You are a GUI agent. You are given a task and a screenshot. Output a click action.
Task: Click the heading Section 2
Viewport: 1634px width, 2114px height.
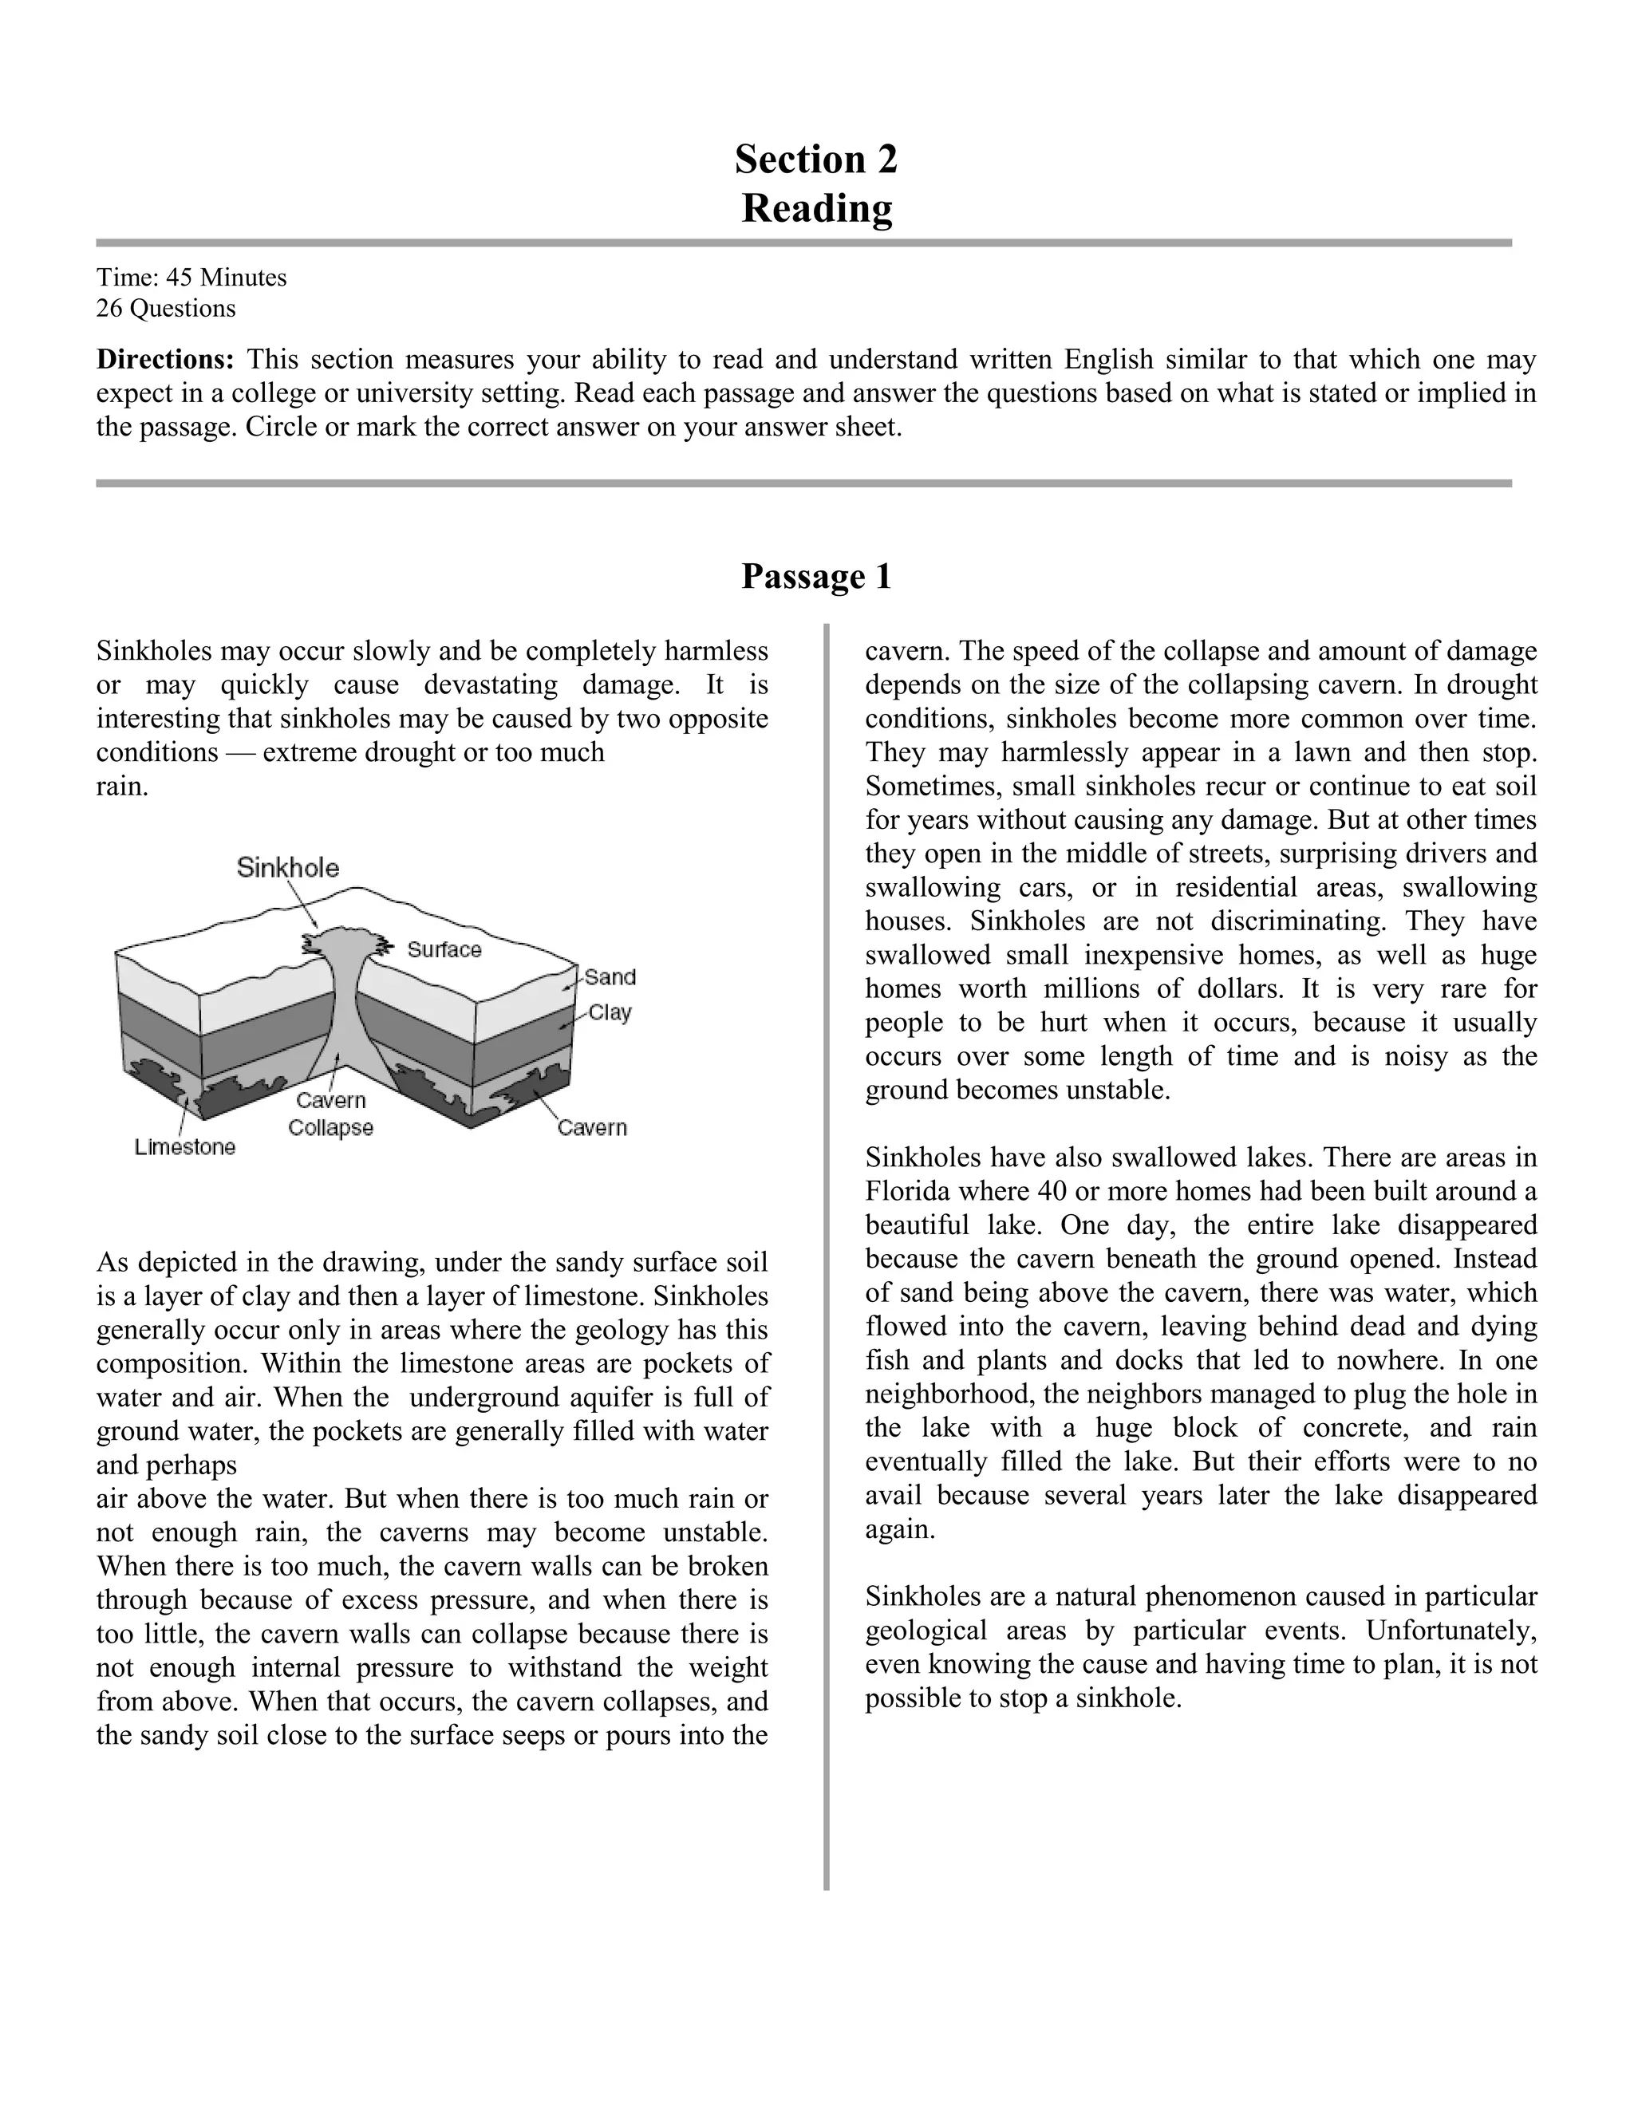(x=816, y=159)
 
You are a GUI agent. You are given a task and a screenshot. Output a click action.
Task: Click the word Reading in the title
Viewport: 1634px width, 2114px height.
(x=816, y=208)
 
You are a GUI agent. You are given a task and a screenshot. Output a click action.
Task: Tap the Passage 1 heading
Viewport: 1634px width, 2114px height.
(x=816, y=576)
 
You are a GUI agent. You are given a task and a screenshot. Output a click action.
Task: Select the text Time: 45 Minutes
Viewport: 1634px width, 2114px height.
(x=191, y=278)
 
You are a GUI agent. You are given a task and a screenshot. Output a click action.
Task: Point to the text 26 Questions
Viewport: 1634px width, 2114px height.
(x=165, y=309)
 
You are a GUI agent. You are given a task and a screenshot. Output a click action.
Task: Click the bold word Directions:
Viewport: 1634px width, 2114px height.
(x=164, y=360)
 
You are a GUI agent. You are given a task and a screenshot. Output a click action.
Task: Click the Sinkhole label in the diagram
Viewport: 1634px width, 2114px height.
(x=287, y=867)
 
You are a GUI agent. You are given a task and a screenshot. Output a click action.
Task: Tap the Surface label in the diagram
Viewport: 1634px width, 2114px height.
(x=444, y=949)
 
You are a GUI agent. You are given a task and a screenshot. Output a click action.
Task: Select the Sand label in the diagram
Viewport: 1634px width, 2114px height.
(x=610, y=978)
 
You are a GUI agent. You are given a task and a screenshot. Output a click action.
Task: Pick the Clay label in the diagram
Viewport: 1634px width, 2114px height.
(x=610, y=1012)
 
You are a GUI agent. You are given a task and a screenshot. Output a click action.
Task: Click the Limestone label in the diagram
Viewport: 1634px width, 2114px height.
(x=185, y=1147)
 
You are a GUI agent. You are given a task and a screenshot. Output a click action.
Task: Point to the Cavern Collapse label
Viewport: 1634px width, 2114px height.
(x=331, y=1114)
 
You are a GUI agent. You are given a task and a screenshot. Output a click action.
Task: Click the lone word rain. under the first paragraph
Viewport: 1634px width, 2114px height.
(x=122, y=787)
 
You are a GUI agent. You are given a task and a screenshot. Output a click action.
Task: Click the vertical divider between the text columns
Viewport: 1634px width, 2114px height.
(x=827, y=1258)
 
